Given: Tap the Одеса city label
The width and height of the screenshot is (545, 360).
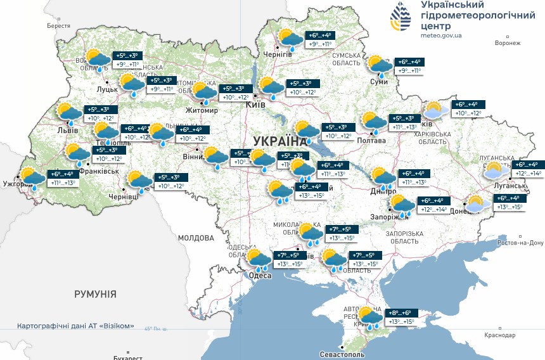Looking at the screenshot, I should (x=260, y=276).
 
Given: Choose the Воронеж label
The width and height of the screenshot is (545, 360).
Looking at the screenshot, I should (x=508, y=43).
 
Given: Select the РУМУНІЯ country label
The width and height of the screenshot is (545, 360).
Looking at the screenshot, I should (x=95, y=294).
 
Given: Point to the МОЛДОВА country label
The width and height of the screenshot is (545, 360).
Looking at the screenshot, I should (x=196, y=238).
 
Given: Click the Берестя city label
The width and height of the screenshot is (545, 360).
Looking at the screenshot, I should (x=58, y=26).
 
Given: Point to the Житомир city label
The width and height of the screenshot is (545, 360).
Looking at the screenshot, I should (x=202, y=110).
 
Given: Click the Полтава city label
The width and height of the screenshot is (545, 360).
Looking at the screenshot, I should (x=372, y=141).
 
